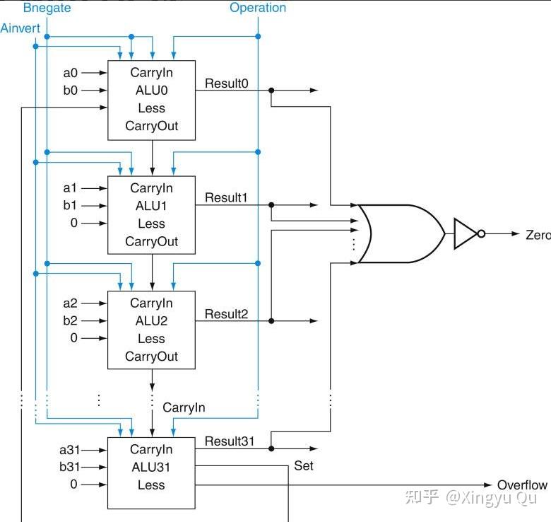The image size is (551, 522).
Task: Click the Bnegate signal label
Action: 47,8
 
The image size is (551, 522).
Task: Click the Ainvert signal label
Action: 20,28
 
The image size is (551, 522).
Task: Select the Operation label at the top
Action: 258,8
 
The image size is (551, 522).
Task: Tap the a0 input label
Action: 70,73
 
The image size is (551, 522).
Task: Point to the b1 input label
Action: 70,204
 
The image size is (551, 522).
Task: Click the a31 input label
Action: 69,450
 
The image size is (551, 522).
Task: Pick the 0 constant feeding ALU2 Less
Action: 73,337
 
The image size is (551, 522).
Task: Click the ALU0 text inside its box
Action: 151,91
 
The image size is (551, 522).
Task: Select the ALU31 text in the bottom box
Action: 151,467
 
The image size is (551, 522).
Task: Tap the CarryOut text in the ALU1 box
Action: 151,241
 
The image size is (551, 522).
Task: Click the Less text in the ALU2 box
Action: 151,338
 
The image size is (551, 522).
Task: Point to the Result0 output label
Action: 226,83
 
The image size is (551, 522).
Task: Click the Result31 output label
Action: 230,441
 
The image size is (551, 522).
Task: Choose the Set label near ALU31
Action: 304,465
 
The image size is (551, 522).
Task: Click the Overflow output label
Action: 522,485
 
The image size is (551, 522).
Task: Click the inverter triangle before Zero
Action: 466,233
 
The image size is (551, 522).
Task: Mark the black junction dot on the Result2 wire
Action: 271,321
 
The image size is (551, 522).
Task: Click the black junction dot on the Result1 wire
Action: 271,204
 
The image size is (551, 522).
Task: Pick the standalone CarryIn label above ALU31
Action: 184,407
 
